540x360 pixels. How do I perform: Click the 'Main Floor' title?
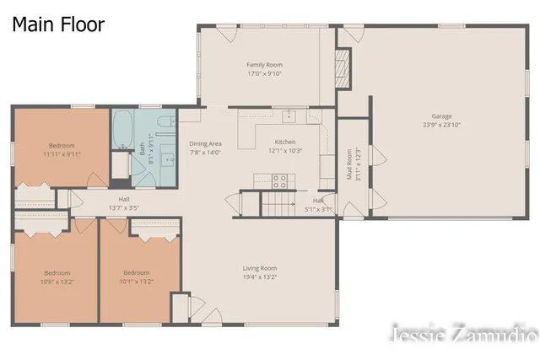tap(58, 24)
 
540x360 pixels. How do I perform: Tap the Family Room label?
tap(264, 65)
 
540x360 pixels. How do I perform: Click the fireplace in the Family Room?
tap(343, 65)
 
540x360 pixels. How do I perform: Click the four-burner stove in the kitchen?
tap(279, 180)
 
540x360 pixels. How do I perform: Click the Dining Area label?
tap(205, 144)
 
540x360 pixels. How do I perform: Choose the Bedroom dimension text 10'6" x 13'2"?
tap(58, 282)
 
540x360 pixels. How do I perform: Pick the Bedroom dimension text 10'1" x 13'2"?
tap(137, 282)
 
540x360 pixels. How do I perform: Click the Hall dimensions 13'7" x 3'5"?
tap(123, 207)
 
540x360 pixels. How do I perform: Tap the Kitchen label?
tap(285, 142)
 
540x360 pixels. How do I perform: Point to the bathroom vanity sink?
tap(168, 158)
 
